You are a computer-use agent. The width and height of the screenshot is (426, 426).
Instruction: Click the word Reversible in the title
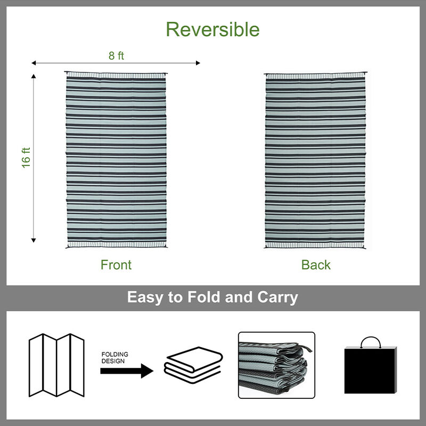tap(212, 29)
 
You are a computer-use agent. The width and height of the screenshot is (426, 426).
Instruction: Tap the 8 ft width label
tap(116, 55)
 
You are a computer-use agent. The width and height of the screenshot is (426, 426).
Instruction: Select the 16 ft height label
tap(26, 158)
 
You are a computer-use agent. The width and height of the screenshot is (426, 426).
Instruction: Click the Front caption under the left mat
tap(116, 265)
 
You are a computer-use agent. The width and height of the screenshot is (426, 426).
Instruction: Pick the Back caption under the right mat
tap(316, 265)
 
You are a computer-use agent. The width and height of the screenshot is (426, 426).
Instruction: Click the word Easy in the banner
tap(146, 297)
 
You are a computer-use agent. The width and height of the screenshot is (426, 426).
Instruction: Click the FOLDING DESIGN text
tap(114, 357)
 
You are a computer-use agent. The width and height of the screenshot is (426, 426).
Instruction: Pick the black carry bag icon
tap(371, 369)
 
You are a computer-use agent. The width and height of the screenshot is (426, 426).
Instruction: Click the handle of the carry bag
tap(371, 341)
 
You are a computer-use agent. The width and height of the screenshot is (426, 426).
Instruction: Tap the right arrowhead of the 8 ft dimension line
tap(198, 63)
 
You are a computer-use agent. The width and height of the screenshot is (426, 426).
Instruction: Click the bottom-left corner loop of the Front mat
tap(67, 248)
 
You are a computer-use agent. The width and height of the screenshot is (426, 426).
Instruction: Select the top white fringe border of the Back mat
tap(316, 77)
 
